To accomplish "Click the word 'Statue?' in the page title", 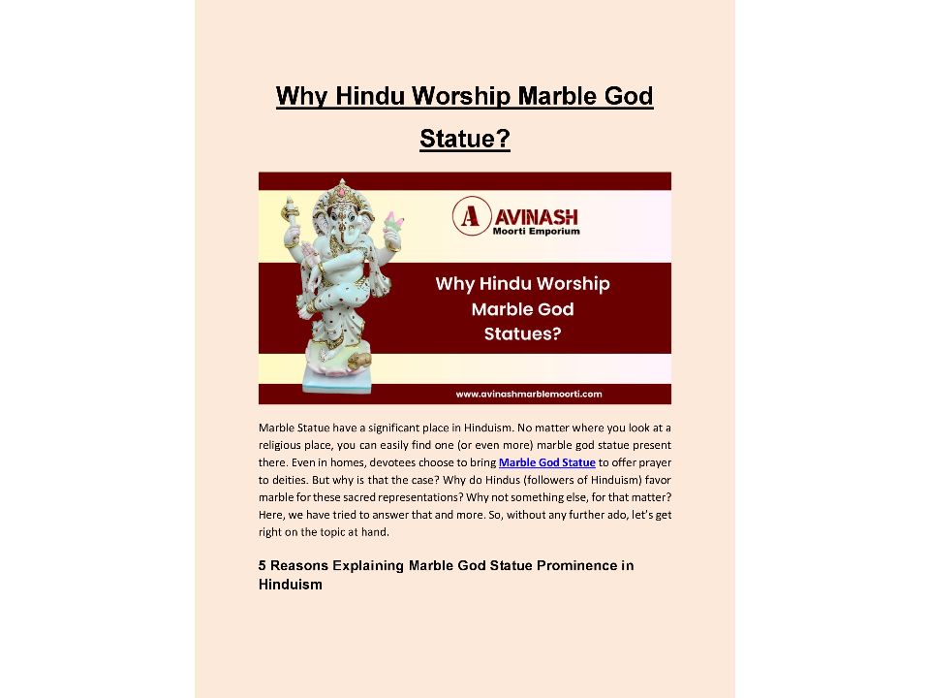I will coord(464,140).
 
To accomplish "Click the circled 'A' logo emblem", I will coord(471,216).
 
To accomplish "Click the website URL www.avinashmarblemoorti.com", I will coord(528,394).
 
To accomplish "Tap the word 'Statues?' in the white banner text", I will coord(522,334).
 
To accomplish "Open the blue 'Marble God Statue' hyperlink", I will coord(546,462).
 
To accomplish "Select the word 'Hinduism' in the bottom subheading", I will coord(290,585).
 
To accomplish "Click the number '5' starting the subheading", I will coord(263,565).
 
